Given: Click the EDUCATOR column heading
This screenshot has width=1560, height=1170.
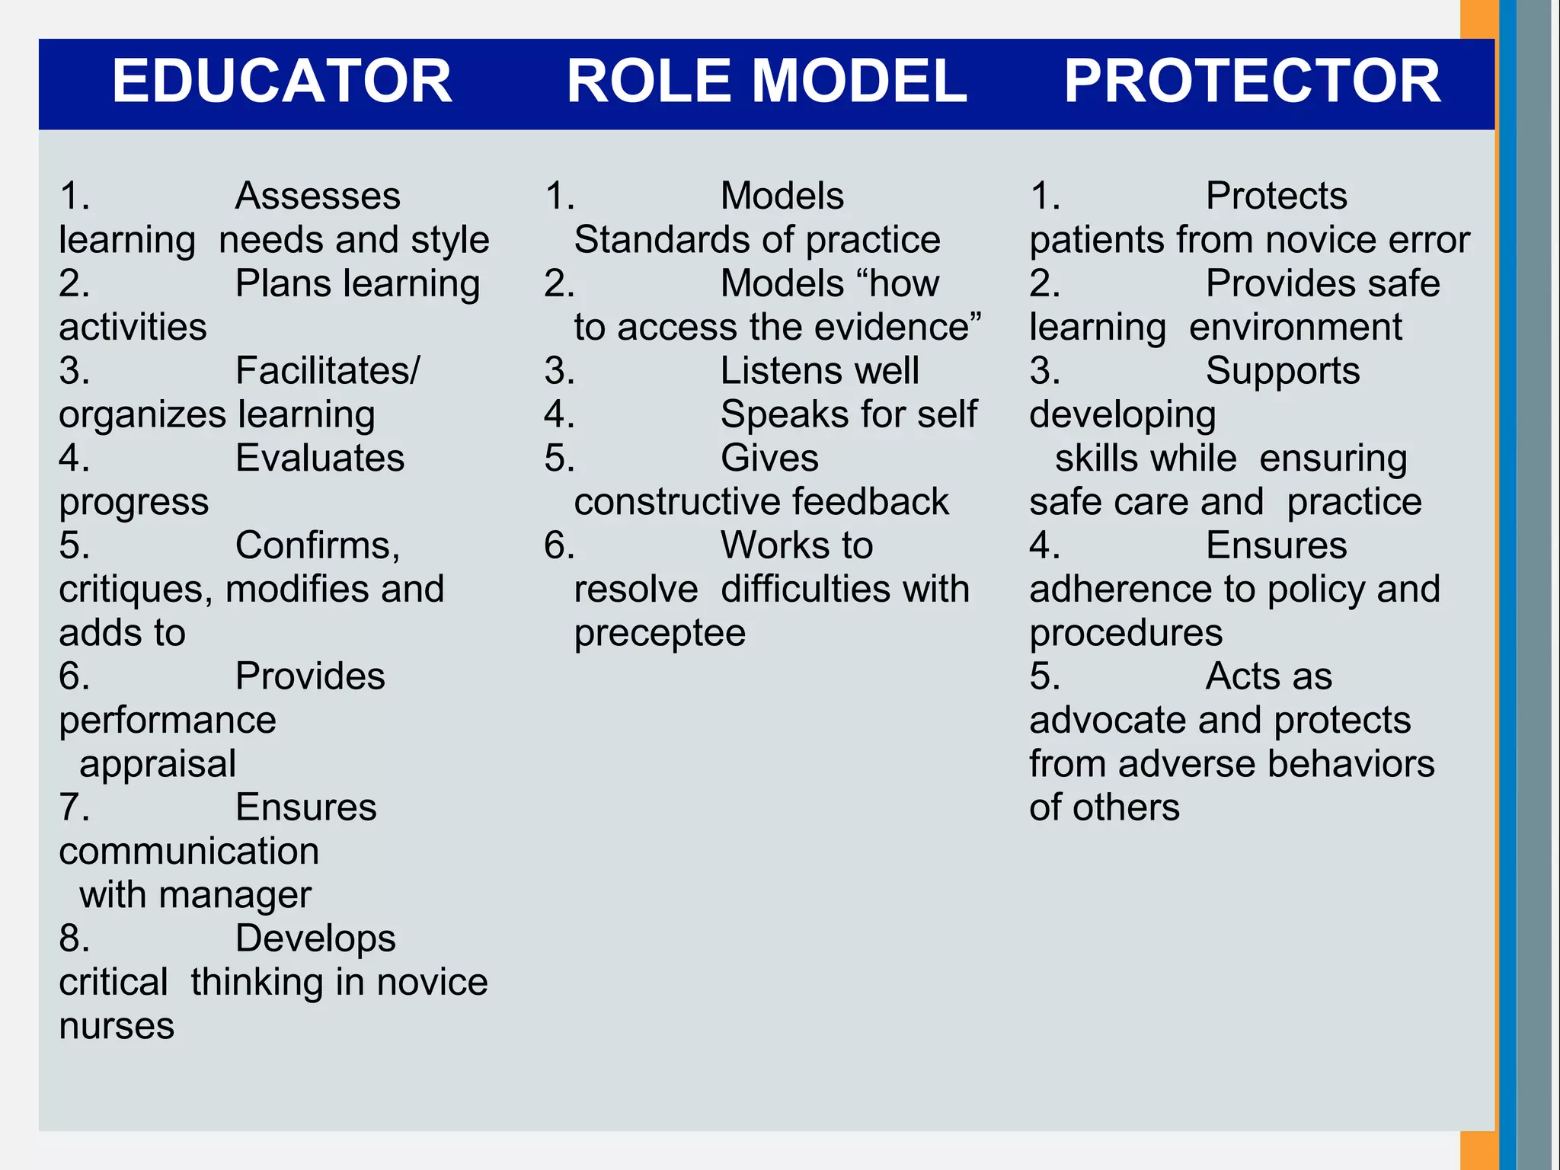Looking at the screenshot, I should pyautogui.click(x=282, y=82).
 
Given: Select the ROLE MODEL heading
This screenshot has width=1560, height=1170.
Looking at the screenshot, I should pyautogui.click(x=766, y=82).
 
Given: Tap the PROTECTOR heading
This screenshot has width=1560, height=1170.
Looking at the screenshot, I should pyautogui.click(x=1252, y=82).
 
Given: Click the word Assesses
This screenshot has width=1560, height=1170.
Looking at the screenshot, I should pyautogui.click(x=318, y=196).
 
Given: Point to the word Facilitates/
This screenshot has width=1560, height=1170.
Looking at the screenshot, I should pyautogui.click(x=328, y=371).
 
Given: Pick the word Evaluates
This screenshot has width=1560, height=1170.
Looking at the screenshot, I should pyautogui.click(x=320, y=459).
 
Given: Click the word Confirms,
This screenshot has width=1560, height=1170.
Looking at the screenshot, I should pyautogui.click(x=318, y=545).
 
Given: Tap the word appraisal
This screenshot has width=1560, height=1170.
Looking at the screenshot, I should pyautogui.click(x=158, y=764).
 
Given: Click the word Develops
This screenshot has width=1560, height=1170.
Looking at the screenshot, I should pyautogui.click(x=315, y=938).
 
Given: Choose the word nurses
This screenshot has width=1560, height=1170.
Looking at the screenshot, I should pyautogui.click(x=117, y=1026).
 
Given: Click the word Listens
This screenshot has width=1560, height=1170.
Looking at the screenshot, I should pyautogui.click(x=781, y=371).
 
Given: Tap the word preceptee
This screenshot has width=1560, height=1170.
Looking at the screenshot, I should pyautogui.click(x=660, y=634).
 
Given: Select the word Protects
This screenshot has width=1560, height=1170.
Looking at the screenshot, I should pyautogui.click(x=1277, y=196).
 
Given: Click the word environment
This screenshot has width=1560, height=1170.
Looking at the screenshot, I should pyautogui.click(x=1296, y=328).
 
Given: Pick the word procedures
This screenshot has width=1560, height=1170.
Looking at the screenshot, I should pyautogui.click(x=1126, y=634).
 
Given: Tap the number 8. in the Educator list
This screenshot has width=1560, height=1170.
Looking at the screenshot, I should pyautogui.click(x=74, y=938).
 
